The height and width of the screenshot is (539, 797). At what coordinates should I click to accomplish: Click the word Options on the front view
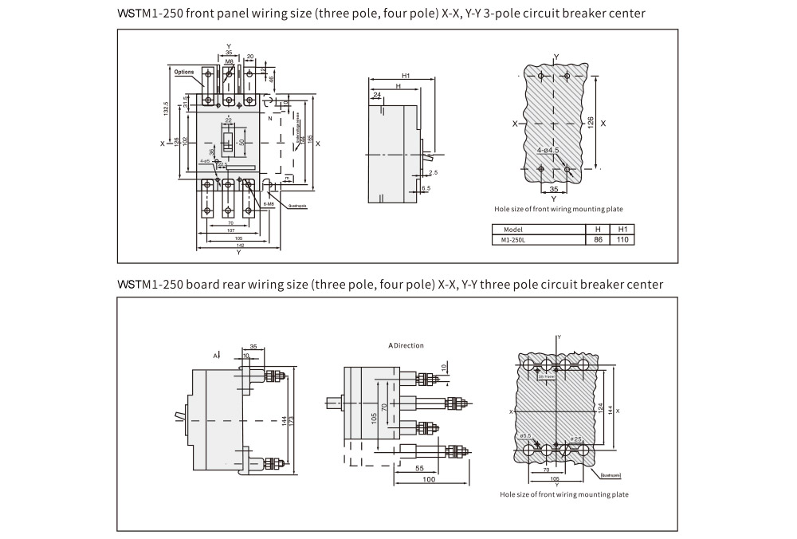(x=183, y=72)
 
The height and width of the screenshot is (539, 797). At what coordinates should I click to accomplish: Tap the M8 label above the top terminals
(x=229, y=61)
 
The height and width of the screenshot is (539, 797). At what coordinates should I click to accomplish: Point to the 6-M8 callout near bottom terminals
(x=269, y=204)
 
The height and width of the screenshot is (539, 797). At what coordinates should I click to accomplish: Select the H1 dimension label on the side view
(x=406, y=76)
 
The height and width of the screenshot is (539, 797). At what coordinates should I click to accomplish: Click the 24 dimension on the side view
(x=376, y=94)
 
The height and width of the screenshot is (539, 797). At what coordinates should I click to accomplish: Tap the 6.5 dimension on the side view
(x=426, y=188)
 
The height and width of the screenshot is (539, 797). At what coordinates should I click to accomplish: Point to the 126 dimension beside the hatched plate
(x=591, y=122)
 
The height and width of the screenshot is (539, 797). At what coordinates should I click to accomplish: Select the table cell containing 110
(x=622, y=239)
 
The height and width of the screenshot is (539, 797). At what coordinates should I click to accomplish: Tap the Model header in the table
(x=512, y=229)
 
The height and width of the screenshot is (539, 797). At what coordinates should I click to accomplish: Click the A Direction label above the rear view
(x=406, y=346)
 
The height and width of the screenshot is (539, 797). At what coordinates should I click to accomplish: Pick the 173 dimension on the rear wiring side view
(x=294, y=419)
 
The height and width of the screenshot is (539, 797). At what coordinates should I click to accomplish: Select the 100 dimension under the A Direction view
(x=429, y=480)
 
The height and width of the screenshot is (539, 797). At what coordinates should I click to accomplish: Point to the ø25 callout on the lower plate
(x=575, y=439)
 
